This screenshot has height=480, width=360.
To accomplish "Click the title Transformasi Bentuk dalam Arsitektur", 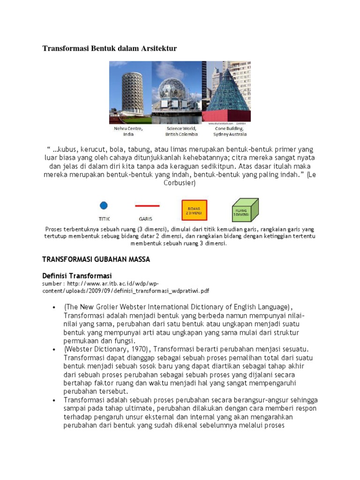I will tap(110, 48).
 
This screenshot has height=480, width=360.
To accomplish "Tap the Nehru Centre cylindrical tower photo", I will tap(130, 92).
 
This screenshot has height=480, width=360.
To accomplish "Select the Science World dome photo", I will tap(176, 92).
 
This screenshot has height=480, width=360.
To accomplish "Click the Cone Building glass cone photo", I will tap(226, 92).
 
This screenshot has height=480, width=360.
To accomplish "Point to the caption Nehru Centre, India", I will tap(128, 131).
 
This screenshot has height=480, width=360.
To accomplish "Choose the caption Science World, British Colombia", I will tap(182, 131).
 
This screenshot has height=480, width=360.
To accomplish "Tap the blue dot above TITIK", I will tap(104, 205).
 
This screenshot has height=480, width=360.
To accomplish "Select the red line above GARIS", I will tap(147, 206).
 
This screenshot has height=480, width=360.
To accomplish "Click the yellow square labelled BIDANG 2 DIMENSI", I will tap(194, 210).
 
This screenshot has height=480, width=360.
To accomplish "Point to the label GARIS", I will tap(145, 218).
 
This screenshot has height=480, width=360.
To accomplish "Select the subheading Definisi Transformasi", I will tap(77, 275).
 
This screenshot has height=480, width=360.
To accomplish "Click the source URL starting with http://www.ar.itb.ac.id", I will tap(127, 287).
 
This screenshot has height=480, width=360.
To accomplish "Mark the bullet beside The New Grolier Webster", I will tap(55, 307).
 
